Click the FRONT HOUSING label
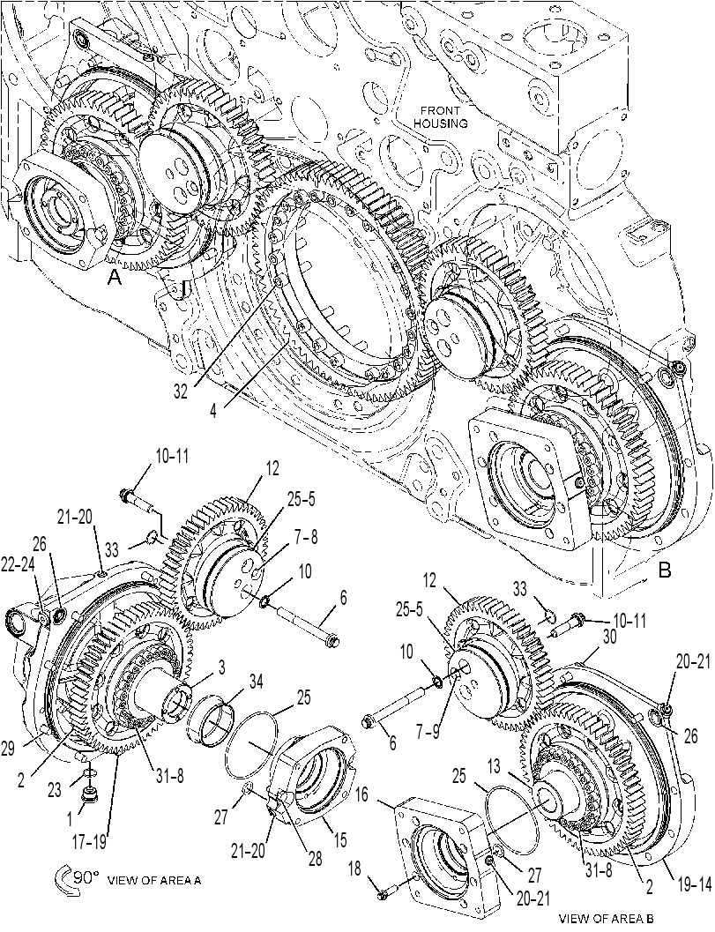(x=441, y=117)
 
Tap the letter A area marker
(x=114, y=278)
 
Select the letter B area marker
(x=665, y=570)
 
